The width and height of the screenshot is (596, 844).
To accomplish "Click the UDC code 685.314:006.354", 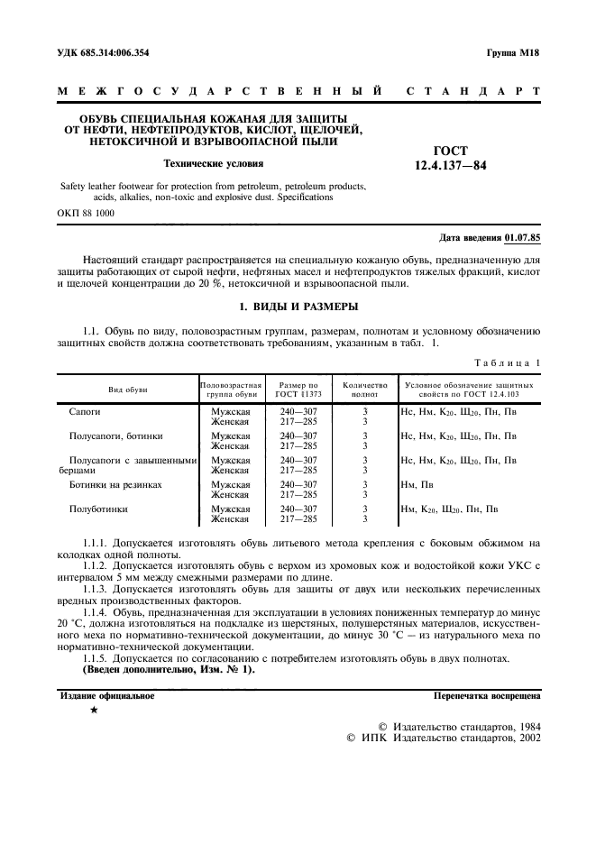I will point(113,53).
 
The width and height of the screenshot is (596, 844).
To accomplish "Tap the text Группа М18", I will point(510,53).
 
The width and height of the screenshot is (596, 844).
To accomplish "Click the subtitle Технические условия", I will point(213,164).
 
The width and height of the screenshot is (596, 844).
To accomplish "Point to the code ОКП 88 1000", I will point(85,213).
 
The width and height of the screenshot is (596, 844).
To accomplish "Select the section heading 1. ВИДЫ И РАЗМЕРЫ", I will point(298,307).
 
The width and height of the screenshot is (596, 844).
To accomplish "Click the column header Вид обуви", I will point(128,389).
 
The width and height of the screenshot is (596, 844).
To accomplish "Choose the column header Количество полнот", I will point(364,389).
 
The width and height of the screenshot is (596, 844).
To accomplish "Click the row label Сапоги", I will point(86,411).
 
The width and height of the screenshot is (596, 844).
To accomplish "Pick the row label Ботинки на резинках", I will point(116,484).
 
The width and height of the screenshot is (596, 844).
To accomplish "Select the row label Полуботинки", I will point(98,509).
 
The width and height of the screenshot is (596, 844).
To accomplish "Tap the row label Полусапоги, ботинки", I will point(116,436).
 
